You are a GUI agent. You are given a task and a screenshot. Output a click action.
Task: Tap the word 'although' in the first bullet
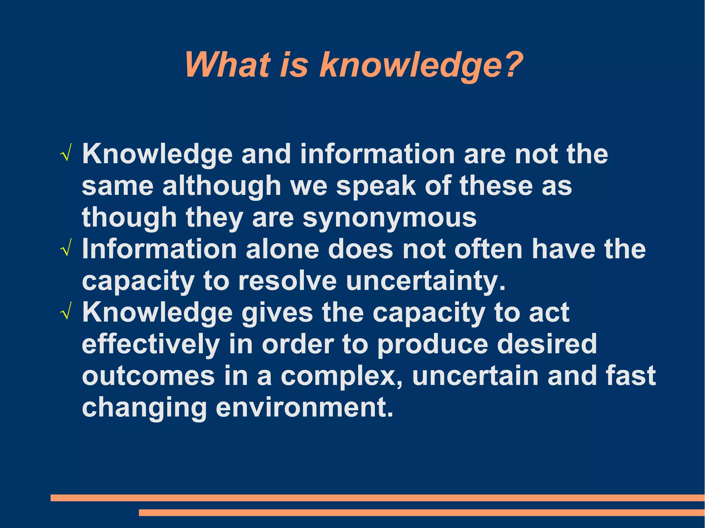click(222, 186)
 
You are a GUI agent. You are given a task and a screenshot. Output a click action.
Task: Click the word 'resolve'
click(287, 281)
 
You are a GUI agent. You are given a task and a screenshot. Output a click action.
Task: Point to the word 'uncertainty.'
click(426, 281)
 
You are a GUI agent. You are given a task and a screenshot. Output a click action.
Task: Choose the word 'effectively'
click(151, 345)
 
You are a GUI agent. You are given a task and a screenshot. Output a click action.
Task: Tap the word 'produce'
click(433, 345)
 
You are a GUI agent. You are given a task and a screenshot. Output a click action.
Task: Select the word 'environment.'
click(304, 408)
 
